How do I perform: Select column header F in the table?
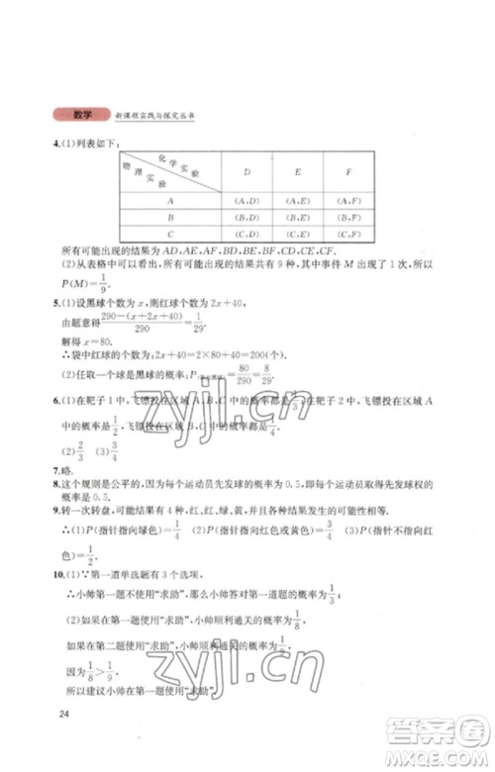346,171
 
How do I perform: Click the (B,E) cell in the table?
296,216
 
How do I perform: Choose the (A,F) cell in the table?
346,198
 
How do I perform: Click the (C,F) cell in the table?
346,234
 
